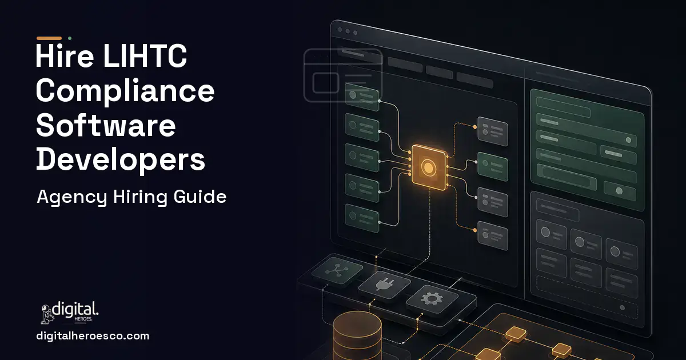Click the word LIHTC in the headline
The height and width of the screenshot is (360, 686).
(x=145, y=56)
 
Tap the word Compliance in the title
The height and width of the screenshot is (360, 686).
(x=125, y=91)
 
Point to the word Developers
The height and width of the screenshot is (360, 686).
(x=121, y=160)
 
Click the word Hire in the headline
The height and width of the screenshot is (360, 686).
(x=65, y=56)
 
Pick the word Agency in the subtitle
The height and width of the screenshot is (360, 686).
(x=72, y=197)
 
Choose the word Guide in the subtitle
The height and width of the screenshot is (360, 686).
(x=200, y=196)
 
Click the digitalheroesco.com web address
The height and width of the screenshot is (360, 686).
(x=93, y=336)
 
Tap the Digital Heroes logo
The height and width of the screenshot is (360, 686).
(x=70, y=313)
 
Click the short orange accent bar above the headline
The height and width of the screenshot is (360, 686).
(x=49, y=38)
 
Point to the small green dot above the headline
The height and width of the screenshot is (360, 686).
(x=70, y=38)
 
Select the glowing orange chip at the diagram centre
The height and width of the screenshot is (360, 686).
(x=429, y=167)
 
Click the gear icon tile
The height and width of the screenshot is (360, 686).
(x=432, y=298)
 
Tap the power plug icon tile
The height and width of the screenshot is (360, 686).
(x=385, y=285)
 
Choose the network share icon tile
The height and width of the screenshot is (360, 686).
(x=337, y=270)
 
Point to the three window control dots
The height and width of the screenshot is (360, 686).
(x=348, y=31)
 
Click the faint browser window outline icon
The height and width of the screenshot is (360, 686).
(x=343, y=75)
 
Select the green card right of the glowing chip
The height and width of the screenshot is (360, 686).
(x=492, y=166)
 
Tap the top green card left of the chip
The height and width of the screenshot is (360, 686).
(x=362, y=97)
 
